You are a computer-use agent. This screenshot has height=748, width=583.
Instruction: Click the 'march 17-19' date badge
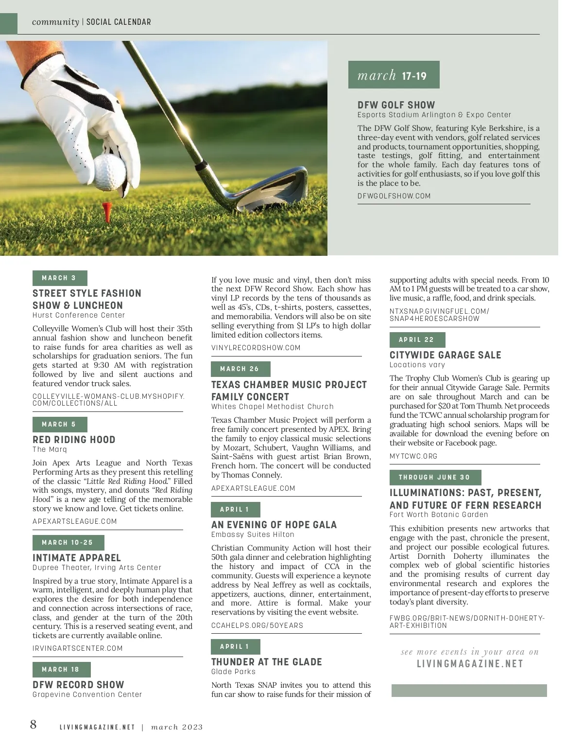394,75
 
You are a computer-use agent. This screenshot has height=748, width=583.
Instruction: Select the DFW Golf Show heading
396,105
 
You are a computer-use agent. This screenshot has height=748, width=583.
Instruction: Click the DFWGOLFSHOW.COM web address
394,196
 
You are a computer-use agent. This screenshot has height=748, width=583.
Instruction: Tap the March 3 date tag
59,278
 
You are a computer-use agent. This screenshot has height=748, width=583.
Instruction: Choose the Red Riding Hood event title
74,440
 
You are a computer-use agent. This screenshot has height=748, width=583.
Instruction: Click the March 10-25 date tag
68,542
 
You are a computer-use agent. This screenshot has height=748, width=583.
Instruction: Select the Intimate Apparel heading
77,558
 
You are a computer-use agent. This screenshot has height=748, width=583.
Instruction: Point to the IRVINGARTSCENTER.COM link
78,648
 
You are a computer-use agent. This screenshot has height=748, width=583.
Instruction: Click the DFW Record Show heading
78,685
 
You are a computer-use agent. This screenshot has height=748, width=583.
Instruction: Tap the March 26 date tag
240,369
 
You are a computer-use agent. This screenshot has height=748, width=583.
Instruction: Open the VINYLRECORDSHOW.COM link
256,348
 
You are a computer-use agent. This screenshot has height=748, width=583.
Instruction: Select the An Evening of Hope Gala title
274,525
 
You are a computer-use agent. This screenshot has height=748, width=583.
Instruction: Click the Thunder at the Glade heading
267,662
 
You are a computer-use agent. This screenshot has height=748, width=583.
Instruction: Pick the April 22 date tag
417,340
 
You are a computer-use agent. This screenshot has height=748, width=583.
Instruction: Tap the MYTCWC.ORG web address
413,456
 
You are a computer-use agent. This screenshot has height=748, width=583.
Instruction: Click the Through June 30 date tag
435,478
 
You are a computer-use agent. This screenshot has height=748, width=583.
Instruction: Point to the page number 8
33,725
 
